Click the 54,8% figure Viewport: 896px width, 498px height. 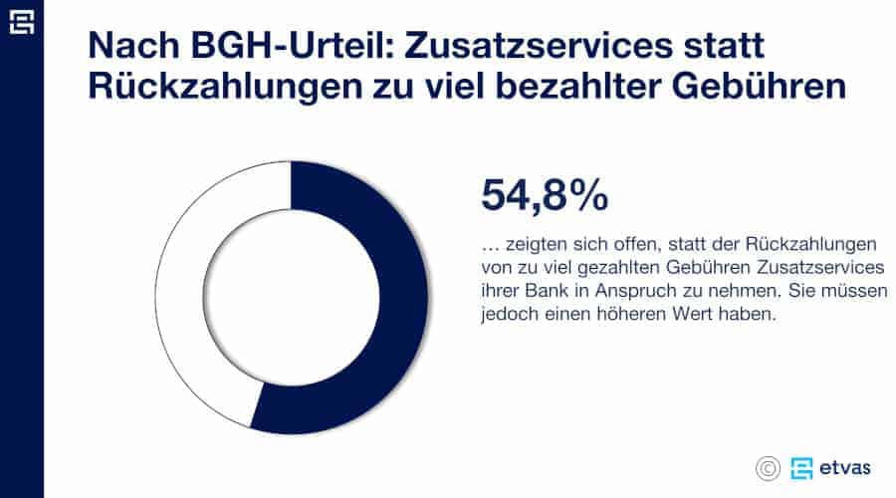(x=545, y=195)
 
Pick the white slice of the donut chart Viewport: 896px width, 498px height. (x=184, y=299)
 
